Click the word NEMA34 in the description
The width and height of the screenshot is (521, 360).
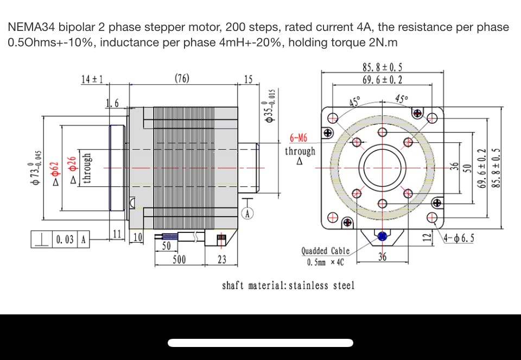click(32, 27)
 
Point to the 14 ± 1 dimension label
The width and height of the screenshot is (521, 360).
click(92, 79)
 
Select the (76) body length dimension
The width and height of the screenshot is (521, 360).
click(182, 78)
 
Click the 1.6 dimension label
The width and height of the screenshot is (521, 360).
click(112, 103)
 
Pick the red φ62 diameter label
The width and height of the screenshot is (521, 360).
click(55, 173)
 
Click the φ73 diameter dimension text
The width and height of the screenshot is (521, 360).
click(36, 168)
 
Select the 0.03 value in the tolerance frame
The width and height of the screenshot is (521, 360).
click(65, 239)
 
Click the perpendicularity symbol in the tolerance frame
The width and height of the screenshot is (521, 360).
click(42, 239)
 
